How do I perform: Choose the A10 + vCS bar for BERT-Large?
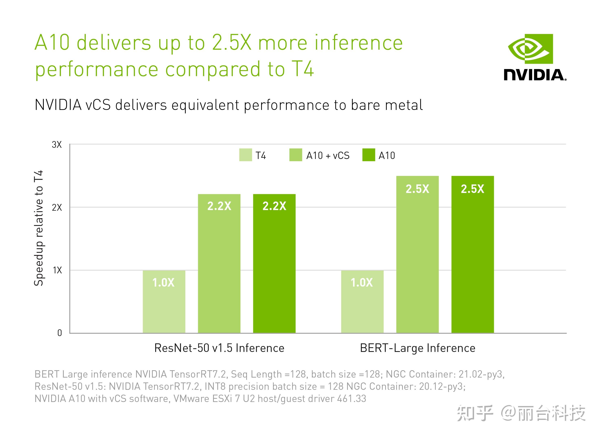417,254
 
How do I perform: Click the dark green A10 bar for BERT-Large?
472,254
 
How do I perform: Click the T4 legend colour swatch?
245,155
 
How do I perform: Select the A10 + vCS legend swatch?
296,155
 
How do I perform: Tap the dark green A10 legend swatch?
369,155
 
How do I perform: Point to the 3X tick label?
57,145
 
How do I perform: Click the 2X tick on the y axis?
57,207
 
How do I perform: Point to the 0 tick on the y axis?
60,333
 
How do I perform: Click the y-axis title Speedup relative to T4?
39,228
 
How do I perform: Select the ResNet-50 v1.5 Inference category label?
219,348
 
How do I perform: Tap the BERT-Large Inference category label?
417,348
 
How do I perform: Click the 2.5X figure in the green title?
232,43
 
